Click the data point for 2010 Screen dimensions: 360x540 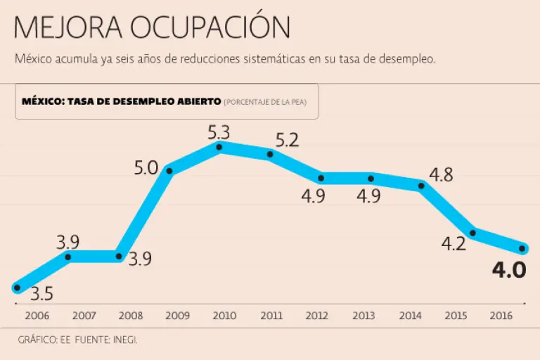tap(219, 147)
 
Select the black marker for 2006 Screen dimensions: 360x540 tap(17, 287)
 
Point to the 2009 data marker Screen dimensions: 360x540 tap(169, 170)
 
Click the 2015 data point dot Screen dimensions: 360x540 tap(472, 233)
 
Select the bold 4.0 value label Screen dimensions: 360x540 tap(508, 270)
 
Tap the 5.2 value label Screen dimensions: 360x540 tap(287, 140)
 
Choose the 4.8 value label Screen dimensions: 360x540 tap(440, 175)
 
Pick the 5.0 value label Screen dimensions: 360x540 tap(146, 169)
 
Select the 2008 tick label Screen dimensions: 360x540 tap(131, 316)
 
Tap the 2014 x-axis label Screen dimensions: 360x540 tap(410, 316)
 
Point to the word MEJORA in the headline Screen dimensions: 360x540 tap(68, 27)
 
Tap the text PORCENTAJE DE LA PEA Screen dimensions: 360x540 tap(269, 102)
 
